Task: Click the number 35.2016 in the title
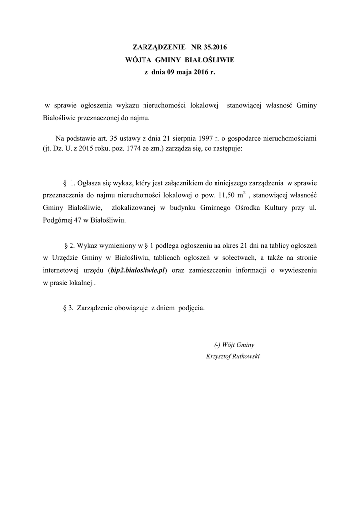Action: click(x=216, y=48)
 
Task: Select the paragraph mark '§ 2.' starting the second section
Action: click(x=71, y=245)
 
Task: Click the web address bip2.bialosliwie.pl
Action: click(x=137, y=270)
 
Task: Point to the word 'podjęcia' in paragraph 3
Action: click(x=191, y=308)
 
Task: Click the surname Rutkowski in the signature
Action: click(x=244, y=356)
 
